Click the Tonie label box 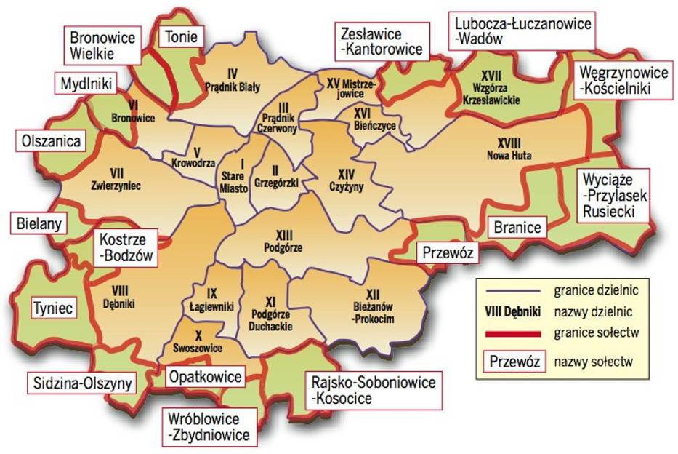182,36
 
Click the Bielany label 39,223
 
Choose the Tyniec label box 52,308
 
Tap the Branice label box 517,228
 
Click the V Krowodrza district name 186,156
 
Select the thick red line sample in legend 511,333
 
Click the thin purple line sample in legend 511,290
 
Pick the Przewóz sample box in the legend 514,361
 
